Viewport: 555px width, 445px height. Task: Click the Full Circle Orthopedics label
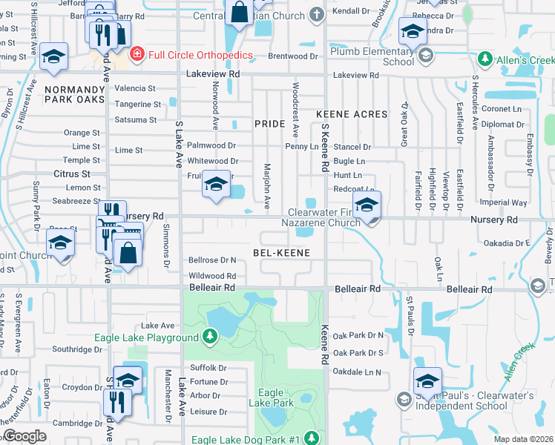click(x=200, y=55)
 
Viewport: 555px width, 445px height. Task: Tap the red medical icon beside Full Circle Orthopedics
click(x=137, y=54)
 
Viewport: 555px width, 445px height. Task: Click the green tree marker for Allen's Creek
click(x=485, y=58)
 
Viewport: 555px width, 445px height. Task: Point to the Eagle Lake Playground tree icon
click(x=210, y=338)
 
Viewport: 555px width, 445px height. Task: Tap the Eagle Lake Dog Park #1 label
click(x=245, y=440)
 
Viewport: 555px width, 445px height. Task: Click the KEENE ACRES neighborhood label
click(x=352, y=114)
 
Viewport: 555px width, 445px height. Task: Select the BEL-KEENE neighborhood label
click(x=280, y=253)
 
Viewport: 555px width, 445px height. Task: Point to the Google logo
click(x=24, y=436)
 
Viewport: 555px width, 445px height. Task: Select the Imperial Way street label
click(x=503, y=202)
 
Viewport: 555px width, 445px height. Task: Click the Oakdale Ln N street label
click(x=357, y=372)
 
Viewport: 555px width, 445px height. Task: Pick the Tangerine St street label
click(x=137, y=105)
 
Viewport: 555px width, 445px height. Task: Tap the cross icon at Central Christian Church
click(x=317, y=15)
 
